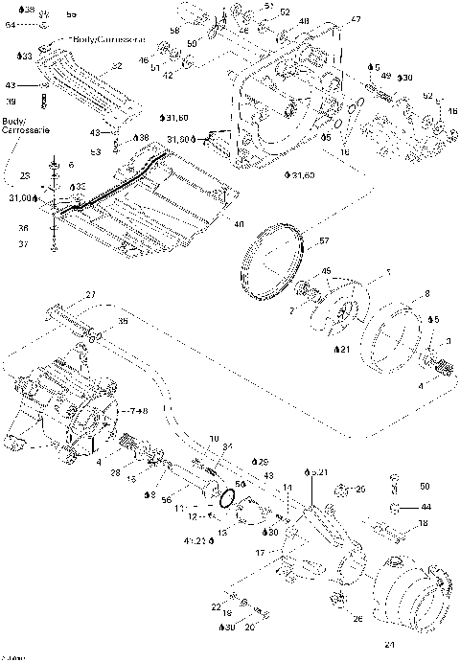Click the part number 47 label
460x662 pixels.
pyautogui.click(x=329, y=20)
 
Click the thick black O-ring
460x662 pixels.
pyautogui.click(x=227, y=499)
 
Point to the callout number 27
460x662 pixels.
pyautogui.click(x=91, y=293)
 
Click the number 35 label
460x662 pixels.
pyautogui.click(x=123, y=321)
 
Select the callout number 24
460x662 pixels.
pyautogui.click(x=389, y=644)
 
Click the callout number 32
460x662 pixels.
pyautogui.click(x=116, y=66)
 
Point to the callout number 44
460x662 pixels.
pyautogui.click(x=425, y=506)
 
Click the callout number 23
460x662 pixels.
pyautogui.click(x=25, y=175)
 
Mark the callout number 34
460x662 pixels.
pyautogui.click(x=226, y=445)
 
